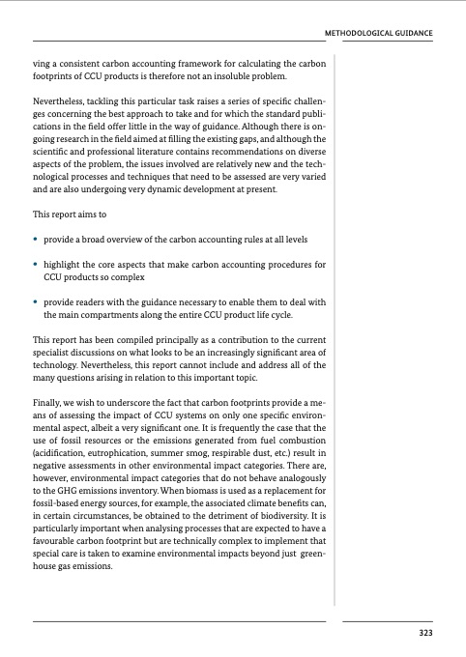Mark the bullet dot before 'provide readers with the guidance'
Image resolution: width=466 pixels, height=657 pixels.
tap(36, 303)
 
